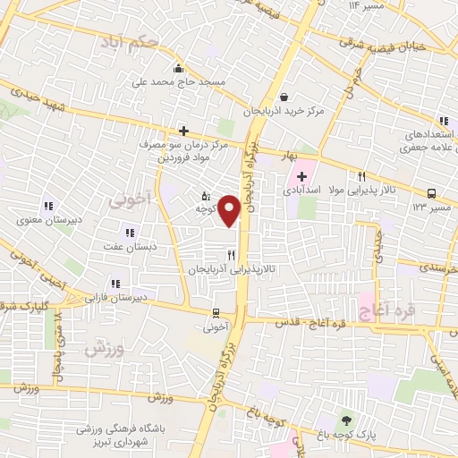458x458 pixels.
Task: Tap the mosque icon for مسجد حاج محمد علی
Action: [x=179, y=68]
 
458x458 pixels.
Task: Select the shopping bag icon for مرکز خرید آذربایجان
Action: [x=284, y=98]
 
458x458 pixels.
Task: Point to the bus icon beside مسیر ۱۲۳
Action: [x=432, y=192]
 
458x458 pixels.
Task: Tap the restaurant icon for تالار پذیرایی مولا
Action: [x=361, y=176]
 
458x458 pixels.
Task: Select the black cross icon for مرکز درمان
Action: [x=183, y=131]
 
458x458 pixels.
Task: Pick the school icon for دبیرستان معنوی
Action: [x=47, y=205]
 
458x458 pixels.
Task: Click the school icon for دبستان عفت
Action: [x=131, y=233]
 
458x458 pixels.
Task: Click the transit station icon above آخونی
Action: [x=216, y=313]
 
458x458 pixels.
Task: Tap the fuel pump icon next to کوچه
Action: [x=206, y=195]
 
